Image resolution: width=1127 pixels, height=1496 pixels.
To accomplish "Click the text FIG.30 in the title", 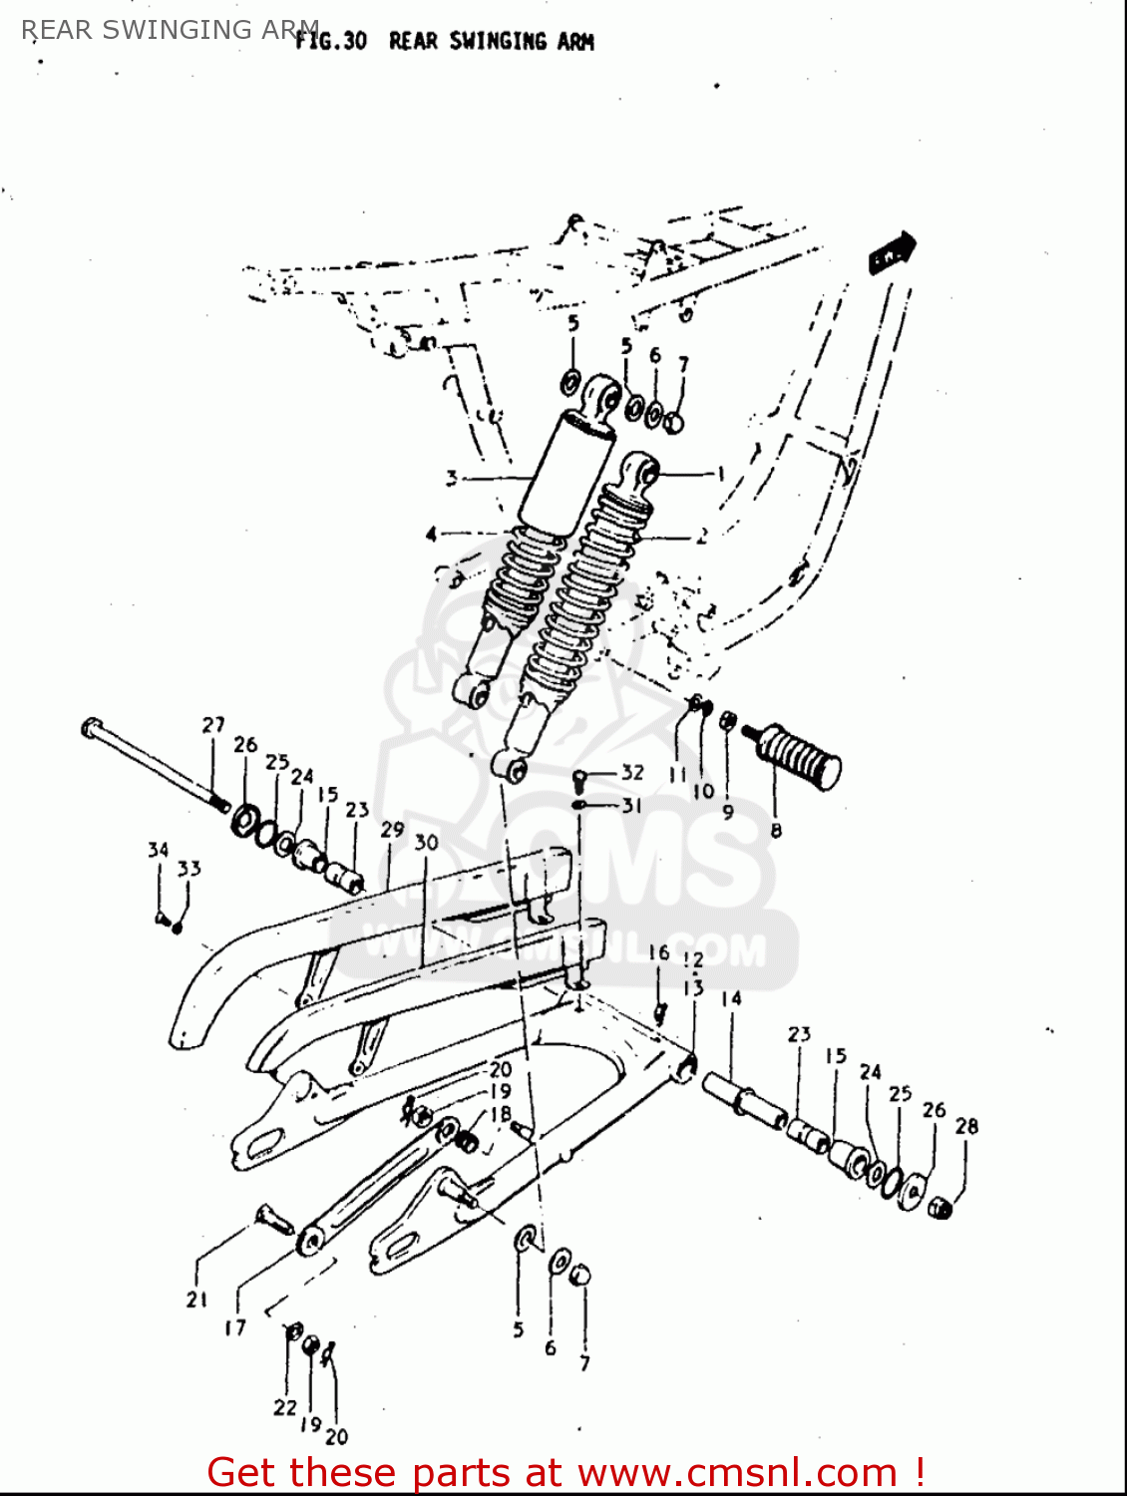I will tap(331, 41).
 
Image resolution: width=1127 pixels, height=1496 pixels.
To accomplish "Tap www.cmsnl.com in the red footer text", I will tap(737, 1472).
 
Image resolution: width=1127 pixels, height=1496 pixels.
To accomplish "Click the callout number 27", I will tap(213, 725).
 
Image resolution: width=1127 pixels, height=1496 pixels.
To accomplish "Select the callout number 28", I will tap(966, 1126).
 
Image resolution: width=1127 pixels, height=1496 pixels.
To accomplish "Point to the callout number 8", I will tap(776, 830).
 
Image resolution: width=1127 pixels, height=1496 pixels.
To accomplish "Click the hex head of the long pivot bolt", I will tap(91, 728).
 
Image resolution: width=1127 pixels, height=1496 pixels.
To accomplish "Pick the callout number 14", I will tap(731, 998).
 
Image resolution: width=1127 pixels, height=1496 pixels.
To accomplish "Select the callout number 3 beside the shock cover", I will tap(451, 479).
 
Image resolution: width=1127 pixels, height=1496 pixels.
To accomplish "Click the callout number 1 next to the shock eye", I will tap(720, 474).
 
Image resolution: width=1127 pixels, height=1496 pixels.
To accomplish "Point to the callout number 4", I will tap(431, 535).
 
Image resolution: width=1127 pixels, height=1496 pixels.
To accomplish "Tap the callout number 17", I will tap(234, 1327).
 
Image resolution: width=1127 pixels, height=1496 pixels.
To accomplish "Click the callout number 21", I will tap(196, 1299).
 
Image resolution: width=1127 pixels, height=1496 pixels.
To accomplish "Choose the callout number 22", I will tap(285, 1407).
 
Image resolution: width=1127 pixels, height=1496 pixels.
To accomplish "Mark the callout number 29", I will tap(392, 830).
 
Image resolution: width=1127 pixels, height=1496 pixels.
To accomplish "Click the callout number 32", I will tap(632, 772).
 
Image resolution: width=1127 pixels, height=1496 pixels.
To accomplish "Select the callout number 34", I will tap(158, 850).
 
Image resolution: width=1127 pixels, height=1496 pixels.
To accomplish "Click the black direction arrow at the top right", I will tap(893, 252).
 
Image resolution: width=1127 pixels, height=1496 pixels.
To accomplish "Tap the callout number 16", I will tap(658, 952).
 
